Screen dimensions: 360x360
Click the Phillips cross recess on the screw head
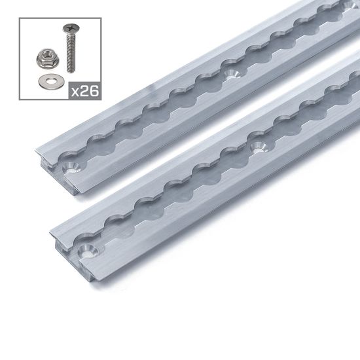68,28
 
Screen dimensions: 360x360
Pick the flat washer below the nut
47,81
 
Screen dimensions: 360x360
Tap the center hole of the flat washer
47,81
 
